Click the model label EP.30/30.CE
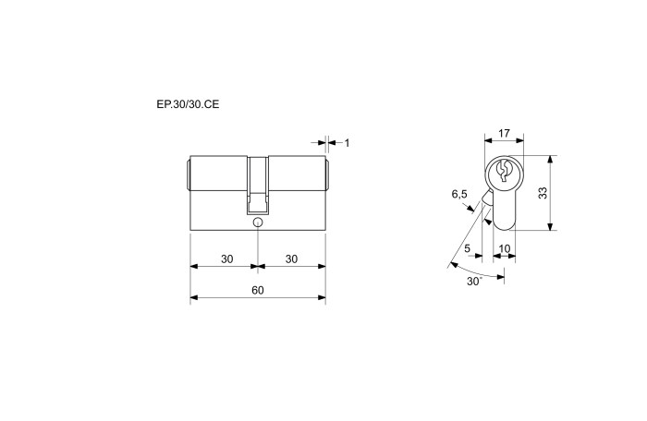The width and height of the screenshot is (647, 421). tap(188, 104)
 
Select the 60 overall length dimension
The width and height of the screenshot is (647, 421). tap(258, 290)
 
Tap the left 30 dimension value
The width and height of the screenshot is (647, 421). tap(227, 259)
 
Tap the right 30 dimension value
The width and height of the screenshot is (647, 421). tap(291, 259)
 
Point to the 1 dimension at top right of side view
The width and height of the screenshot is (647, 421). tap(347, 143)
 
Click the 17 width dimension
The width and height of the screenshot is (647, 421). tap(504, 133)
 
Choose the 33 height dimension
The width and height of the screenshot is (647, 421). tap(543, 193)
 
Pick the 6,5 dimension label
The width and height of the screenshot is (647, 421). tap(459, 194)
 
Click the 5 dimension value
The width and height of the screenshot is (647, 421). tap(467, 248)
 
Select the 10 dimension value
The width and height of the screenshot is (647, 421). tap(505, 248)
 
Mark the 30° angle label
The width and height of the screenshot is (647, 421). tap(474, 282)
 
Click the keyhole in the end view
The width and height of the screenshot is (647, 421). tap(504, 171)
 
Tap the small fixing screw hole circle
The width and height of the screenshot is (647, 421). tap(258, 223)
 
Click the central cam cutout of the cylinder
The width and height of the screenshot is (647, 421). tap(258, 186)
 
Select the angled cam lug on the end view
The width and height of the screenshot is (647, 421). tap(487, 198)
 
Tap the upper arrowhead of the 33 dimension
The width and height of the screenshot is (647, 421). tap(550, 160)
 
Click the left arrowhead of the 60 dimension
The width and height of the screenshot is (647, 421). tap(194, 297)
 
